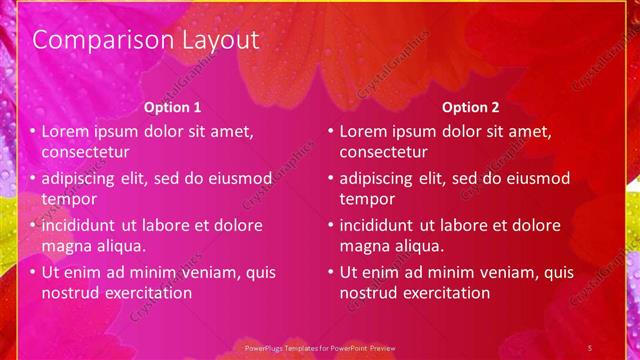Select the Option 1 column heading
pos(172,107)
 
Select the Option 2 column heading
pos(470,107)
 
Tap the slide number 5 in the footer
pos(590,347)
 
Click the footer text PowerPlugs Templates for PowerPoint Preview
pos(320,347)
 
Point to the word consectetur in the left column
pos(86,152)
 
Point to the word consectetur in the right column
pos(384,152)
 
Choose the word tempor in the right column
pos(367,199)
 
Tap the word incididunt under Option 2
pos(383,225)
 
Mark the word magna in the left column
pos(66,245)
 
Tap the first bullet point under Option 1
pos(33,132)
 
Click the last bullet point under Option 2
pos(331,272)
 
